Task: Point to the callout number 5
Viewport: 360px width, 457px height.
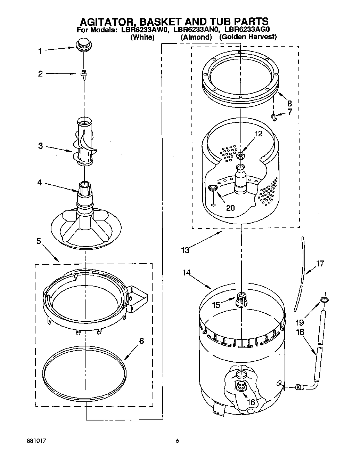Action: click(39, 241)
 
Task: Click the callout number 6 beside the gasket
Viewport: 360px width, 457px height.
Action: click(141, 341)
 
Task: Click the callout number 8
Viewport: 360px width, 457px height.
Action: click(289, 103)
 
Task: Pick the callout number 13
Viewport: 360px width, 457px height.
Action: click(185, 250)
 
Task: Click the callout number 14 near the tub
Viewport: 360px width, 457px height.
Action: click(186, 273)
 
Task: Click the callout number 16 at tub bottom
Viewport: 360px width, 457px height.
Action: click(251, 402)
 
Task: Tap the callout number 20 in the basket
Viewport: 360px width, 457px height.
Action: click(230, 208)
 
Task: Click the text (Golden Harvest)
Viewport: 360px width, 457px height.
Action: click(248, 37)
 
